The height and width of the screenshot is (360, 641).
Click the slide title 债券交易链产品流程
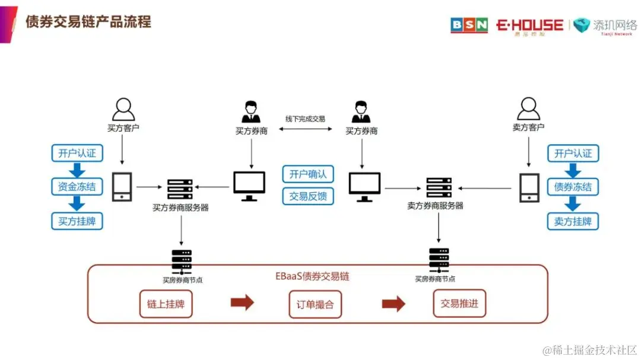(x=88, y=23)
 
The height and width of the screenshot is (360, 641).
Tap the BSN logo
(x=469, y=25)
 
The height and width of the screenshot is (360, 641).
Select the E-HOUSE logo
(x=529, y=26)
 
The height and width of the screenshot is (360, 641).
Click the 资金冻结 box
(x=77, y=187)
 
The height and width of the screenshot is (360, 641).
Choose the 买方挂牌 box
(x=77, y=221)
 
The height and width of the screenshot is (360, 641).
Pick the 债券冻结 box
(x=573, y=187)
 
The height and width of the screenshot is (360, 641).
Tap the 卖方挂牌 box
(x=573, y=221)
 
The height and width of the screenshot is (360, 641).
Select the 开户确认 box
(x=308, y=174)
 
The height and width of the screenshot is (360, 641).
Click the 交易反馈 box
(x=308, y=196)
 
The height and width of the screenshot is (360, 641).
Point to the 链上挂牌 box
(x=166, y=304)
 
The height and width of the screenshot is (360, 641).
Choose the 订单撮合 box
(x=315, y=305)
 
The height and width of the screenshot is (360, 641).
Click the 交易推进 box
(x=459, y=304)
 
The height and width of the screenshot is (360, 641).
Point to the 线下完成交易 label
(x=305, y=119)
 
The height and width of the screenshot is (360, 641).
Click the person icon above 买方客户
(x=123, y=109)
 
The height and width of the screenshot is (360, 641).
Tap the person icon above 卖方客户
(x=528, y=109)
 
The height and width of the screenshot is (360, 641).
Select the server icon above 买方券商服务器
(x=180, y=189)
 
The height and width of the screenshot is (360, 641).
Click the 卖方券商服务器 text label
(x=435, y=206)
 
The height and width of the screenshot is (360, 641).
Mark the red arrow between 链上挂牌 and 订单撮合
(x=242, y=303)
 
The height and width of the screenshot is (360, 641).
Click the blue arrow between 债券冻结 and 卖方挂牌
(x=572, y=204)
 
